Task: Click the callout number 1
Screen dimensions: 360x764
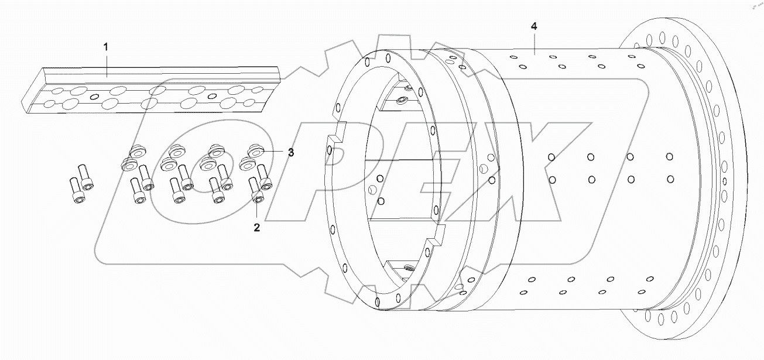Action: [x=106, y=47]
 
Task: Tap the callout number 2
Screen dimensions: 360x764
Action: [x=256, y=227]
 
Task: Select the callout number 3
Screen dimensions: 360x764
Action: [x=290, y=152]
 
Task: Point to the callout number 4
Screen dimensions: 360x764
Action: [x=533, y=27]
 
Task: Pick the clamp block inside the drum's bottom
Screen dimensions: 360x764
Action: [x=404, y=268]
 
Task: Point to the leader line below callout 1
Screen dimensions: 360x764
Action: [x=107, y=64]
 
